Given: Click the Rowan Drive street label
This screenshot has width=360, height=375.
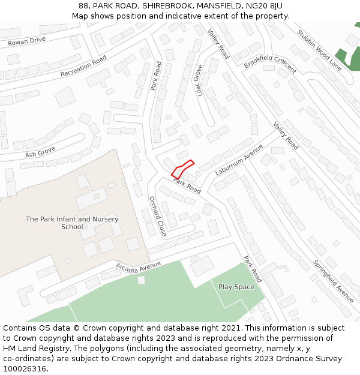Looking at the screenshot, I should (26, 41).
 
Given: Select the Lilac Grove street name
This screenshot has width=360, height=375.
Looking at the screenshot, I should (198, 80).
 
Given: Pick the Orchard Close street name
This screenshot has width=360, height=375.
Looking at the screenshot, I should (157, 216).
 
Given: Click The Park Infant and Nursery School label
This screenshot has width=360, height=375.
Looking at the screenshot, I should (72, 223).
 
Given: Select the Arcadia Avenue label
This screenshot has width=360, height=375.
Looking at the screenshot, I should (139, 266).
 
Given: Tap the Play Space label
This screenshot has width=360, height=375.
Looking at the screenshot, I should (236, 287).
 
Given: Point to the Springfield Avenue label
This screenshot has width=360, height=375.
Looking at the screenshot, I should (333, 280).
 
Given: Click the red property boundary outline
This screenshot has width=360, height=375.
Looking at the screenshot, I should (182, 169).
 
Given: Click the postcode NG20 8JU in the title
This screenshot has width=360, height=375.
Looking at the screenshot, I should (263, 6).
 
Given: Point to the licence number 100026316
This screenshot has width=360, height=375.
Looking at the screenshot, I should (25, 368).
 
